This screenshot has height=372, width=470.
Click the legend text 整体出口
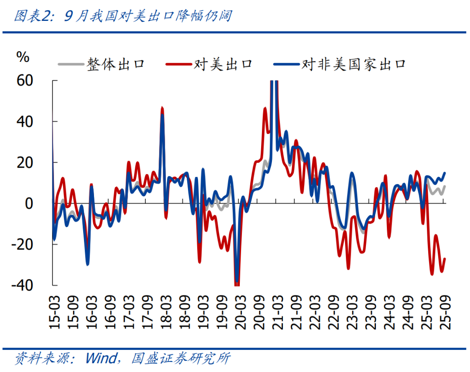click(115, 64)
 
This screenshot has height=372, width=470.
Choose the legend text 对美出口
click(223, 64)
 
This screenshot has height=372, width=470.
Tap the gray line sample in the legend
click(70, 64)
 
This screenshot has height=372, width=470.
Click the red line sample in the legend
click(178, 64)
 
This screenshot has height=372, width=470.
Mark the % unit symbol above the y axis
click(23, 57)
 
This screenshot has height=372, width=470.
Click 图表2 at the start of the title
click(30, 17)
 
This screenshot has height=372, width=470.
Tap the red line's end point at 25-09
click(445, 259)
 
